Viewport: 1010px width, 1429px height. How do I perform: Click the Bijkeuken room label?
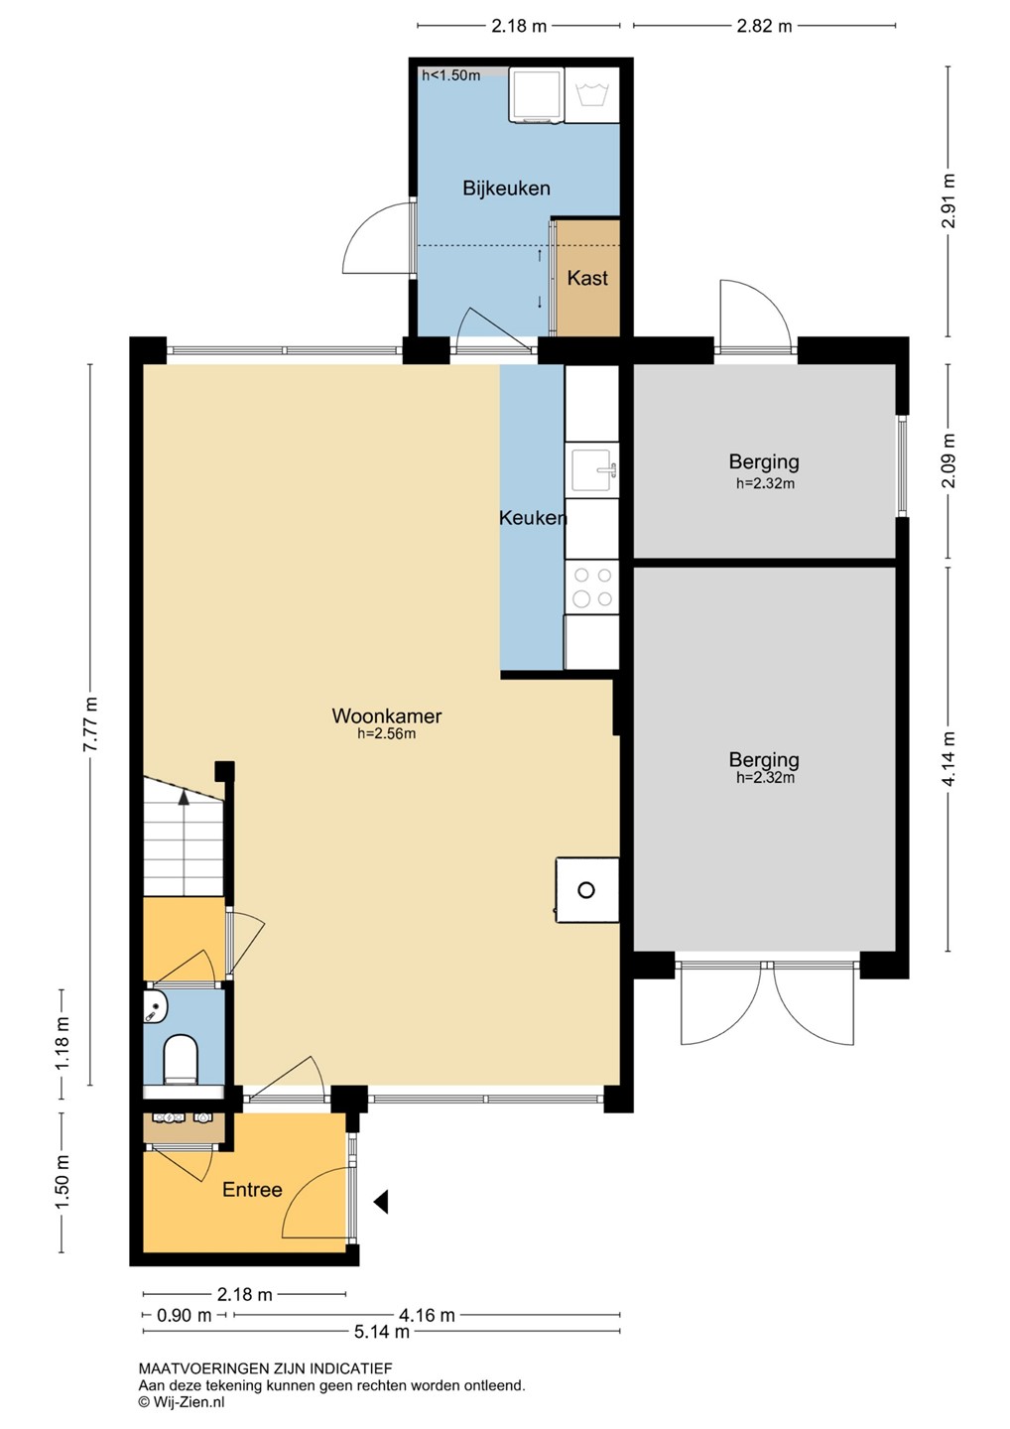[x=506, y=189]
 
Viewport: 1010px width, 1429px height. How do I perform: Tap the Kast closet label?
[x=587, y=278]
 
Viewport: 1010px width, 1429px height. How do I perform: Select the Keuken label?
[x=533, y=518]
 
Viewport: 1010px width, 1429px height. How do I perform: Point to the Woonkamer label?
[x=386, y=715]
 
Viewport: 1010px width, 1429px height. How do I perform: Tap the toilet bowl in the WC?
[x=181, y=1058]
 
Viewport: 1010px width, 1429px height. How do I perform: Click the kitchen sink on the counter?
[x=593, y=470]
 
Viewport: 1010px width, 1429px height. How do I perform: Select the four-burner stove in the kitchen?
[x=592, y=586]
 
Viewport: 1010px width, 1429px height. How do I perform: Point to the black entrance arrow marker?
[x=381, y=1202]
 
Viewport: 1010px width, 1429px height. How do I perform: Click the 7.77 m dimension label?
[x=90, y=724]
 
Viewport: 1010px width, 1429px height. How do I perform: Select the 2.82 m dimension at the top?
[x=764, y=26]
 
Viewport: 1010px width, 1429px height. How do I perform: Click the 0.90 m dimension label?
[x=185, y=1316]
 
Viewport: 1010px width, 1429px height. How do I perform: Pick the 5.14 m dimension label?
[x=381, y=1332]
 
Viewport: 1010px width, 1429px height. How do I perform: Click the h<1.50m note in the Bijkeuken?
[x=450, y=75]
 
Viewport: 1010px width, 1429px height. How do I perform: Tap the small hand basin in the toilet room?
[x=155, y=1007]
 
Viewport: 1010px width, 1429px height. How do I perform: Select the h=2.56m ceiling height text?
[x=386, y=733]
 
